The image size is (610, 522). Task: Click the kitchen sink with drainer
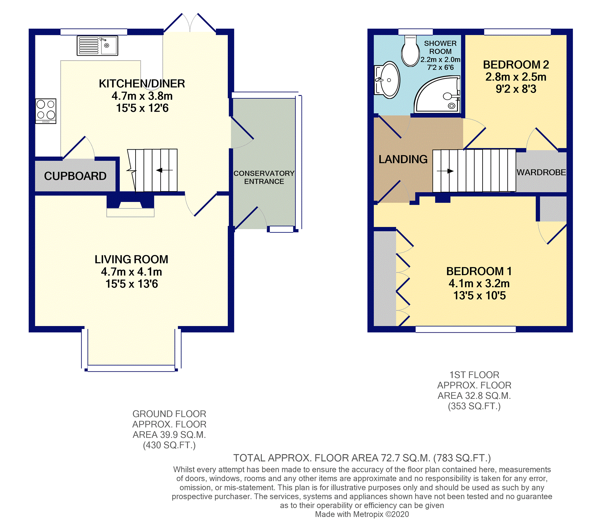97,46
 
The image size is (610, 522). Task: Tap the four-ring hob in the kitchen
46,111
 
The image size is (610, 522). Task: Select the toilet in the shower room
410,51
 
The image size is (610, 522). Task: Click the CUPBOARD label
75,176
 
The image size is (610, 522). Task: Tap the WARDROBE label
541,172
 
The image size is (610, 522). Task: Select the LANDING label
403,159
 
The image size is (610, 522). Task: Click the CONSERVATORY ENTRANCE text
264,177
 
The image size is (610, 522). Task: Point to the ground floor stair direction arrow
164,170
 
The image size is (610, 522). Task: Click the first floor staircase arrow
445,171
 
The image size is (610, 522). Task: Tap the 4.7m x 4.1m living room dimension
132,272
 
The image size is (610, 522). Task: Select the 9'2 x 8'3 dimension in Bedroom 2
516,89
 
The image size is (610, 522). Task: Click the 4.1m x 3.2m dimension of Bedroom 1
479,284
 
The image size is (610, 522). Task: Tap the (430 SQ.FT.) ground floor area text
169,445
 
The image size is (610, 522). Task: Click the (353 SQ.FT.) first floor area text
474,406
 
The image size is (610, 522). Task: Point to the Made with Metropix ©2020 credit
362,514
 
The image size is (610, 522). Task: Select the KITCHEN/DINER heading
142,84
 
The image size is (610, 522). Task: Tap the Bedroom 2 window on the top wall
518,32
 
